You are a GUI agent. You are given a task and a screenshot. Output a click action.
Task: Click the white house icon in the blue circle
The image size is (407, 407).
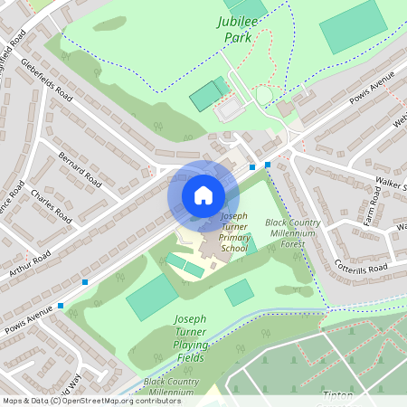[203, 194]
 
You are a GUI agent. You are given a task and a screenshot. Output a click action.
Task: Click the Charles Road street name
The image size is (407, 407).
[51, 206]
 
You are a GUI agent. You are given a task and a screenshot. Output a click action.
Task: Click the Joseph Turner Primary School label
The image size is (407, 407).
[233, 232]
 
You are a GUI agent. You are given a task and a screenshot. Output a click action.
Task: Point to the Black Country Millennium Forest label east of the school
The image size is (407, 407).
[290, 232]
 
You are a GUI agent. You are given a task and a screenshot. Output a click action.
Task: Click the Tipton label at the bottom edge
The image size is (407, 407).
[337, 395]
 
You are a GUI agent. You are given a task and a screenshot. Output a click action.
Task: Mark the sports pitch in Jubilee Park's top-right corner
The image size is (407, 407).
[352, 26]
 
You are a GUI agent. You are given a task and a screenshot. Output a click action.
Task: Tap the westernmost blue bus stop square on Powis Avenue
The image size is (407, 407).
[61, 306]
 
